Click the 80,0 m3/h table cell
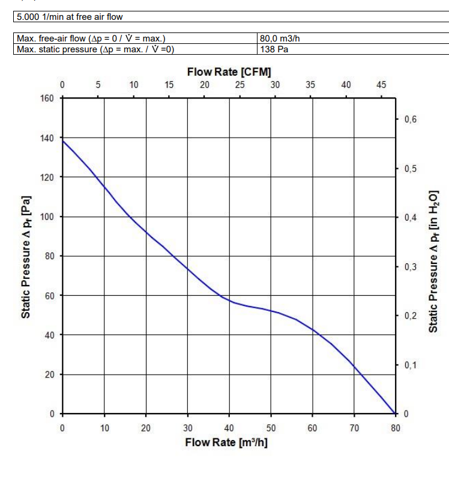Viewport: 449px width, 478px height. tap(280, 40)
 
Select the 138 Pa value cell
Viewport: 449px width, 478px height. tap(274, 49)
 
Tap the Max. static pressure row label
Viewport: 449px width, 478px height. tap(95, 49)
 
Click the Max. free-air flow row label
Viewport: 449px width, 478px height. tap(91, 40)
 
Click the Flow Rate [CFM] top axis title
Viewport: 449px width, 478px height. tap(224, 72)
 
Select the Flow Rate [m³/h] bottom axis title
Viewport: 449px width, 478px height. tap(226, 443)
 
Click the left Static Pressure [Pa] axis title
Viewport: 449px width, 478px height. tap(25, 256)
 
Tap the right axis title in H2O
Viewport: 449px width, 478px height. tap(433, 262)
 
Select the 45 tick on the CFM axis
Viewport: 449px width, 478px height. tap(381, 85)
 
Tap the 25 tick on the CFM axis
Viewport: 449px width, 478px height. tap(240, 85)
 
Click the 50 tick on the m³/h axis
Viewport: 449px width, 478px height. tap(271, 428)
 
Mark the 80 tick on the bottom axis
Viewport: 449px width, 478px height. tap(396, 428)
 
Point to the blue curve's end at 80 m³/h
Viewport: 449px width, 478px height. tap(395, 414)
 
